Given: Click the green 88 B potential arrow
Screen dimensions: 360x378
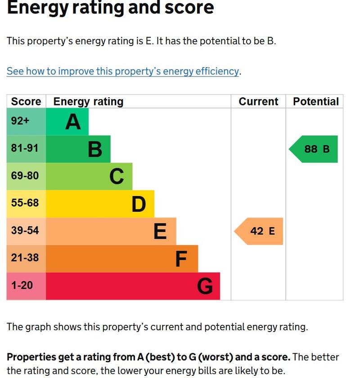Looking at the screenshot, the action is pos(313,149).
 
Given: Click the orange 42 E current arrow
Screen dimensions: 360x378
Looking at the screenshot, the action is pos(259,231).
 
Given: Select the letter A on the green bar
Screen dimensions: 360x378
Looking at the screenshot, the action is pos(73,122).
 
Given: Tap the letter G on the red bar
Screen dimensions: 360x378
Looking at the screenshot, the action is pos(205,286).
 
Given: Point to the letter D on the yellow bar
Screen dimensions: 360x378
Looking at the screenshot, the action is pos(139,204).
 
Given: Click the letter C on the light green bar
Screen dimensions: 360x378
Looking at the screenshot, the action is pos(117,177).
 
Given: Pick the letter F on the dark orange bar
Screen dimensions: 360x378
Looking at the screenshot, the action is pos(181,259).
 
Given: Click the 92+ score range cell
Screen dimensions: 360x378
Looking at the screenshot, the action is pos(26,122).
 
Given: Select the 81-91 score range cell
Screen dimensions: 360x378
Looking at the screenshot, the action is pos(26,149).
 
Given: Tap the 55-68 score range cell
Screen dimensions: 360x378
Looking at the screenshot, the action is pos(26,204).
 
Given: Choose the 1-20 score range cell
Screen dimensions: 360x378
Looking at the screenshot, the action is pos(26,286).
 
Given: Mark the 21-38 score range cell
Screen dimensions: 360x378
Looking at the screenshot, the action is pos(26,259).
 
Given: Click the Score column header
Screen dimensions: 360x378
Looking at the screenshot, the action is pos(26,101).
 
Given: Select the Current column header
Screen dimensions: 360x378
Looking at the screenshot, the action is pos(258,101).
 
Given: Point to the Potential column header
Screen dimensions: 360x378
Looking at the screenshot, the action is pos(316,101).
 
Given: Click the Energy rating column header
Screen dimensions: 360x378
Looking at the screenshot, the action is pos(88,102).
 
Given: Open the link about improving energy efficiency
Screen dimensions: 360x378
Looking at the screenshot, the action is pos(123,71).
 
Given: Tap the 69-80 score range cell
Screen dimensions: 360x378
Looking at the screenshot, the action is pos(26,177).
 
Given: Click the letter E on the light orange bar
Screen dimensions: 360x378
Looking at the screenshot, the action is pos(160,231).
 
